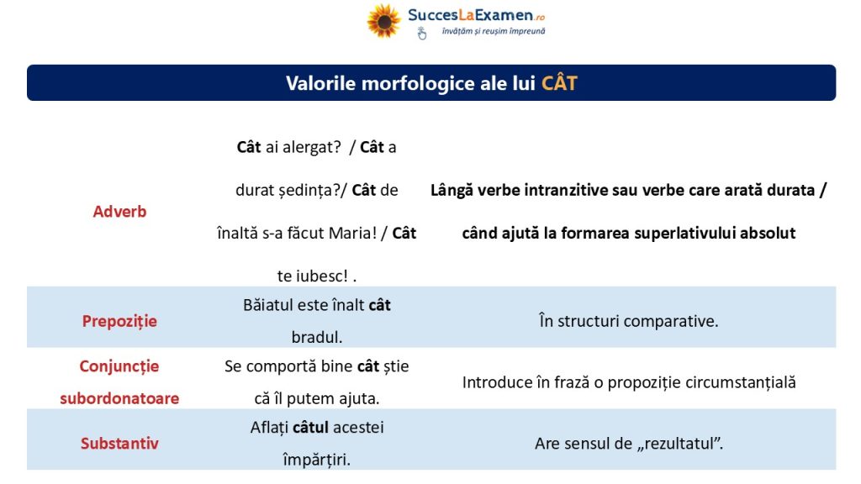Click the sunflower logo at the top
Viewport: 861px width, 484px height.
coord(383,21)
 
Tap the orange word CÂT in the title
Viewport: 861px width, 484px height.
coord(559,83)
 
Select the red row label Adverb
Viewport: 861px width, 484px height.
coord(119,211)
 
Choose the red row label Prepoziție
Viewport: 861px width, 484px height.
coord(119,321)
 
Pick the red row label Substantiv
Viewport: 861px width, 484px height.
coord(119,444)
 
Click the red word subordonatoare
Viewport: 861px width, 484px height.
coord(119,398)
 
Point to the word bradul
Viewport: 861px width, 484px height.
coord(317,337)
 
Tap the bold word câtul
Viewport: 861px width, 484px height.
coord(310,427)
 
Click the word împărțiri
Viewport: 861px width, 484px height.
coord(317,460)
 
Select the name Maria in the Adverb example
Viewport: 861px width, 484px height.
coord(352,234)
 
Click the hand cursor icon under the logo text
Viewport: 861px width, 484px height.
coord(422,34)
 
